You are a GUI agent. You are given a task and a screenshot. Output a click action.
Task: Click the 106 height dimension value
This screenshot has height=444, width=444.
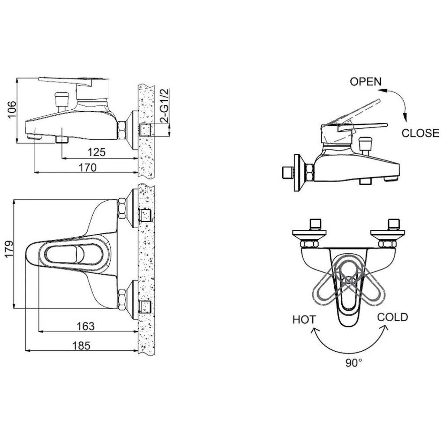pyautogui.click(x=12, y=109)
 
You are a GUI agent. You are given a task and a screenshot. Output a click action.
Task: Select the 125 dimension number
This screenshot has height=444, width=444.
pyautogui.click(x=97, y=152)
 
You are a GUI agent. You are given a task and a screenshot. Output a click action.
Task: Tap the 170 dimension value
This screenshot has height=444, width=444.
pyautogui.click(x=88, y=167)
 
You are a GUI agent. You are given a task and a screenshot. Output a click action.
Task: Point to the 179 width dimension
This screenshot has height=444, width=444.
pyautogui.click(x=9, y=249)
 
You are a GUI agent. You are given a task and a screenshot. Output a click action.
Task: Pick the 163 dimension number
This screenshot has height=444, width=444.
pyautogui.click(x=85, y=326)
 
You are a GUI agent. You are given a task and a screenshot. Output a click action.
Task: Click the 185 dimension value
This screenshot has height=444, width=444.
pyautogui.click(x=81, y=346)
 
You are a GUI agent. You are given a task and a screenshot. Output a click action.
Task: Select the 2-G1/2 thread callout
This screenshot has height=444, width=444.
pyautogui.click(x=164, y=106)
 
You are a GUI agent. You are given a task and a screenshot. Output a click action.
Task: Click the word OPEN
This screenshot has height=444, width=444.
pyautogui.click(x=366, y=82)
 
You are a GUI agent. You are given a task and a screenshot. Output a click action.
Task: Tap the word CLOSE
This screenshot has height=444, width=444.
pyautogui.click(x=420, y=133)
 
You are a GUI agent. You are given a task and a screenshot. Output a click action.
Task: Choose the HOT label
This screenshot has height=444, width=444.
pyautogui.click(x=304, y=320)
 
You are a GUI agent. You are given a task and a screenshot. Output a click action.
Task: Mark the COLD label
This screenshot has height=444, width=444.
pyautogui.click(x=392, y=317)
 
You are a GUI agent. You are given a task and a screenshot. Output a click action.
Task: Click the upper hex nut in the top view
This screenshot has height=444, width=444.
pyautogui.click(x=122, y=209)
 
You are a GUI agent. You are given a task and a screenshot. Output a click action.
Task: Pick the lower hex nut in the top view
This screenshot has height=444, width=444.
pyautogui.click(x=122, y=300)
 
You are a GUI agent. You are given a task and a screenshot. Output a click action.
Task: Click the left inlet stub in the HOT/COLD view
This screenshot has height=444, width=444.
pyautogui.click(x=316, y=224)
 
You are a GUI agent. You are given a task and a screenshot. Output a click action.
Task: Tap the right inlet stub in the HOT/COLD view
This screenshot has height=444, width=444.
pyautogui.click(x=394, y=224)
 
